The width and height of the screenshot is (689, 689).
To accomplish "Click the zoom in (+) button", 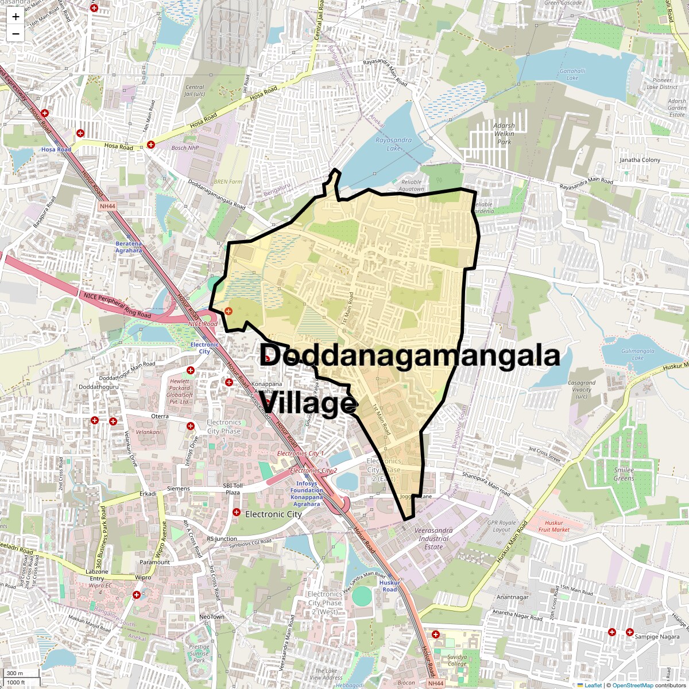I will [x=16, y=16].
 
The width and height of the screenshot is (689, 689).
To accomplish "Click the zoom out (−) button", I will [x=16, y=33].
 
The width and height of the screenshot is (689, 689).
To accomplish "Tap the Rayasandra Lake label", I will [x=393, y=144].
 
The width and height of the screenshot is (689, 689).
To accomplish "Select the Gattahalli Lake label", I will [x=572, y=75].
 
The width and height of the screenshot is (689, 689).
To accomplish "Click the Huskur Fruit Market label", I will [x=554, y=526].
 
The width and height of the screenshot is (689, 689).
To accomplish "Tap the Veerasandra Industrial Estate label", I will [x=433, y=539].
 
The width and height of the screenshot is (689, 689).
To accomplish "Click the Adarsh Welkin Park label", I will [x=504, y=134].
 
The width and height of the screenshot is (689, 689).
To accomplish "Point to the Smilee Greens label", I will [x=624, y=474].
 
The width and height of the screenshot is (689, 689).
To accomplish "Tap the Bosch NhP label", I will [x=185, y=148].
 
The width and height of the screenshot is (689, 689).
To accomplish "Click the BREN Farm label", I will [x=227, y=181].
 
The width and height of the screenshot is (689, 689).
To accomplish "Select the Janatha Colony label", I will [x=640, y=160].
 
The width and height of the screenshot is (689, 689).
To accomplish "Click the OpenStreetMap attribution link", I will [x=632, y=685].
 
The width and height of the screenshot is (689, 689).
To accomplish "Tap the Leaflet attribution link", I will [x=593, y=685].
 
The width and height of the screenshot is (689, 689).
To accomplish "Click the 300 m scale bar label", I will [x=15, y=673].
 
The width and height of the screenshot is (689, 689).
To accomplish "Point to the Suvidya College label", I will [x=457, y=660].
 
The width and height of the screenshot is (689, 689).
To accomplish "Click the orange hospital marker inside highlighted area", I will [x=229, y=311].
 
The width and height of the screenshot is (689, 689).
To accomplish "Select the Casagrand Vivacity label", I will [x=582, y=389].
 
